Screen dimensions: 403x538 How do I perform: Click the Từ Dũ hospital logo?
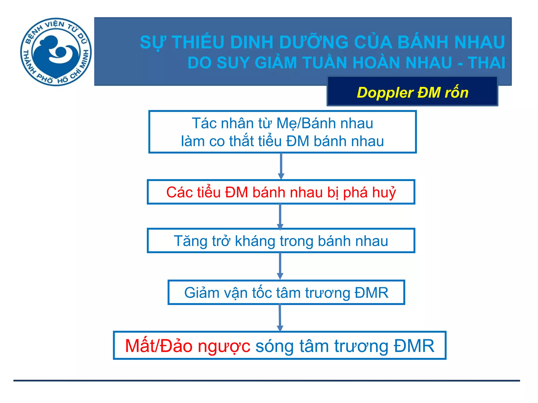(56, 52)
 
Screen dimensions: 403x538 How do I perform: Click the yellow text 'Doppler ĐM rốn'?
(412, 93)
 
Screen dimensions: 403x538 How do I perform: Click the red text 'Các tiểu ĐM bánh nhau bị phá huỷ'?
(281, 192)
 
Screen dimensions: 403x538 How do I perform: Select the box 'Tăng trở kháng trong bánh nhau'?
(281, 241)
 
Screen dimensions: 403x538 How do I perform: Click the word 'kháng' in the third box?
(255, 241)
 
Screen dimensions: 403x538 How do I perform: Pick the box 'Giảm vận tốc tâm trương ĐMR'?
(286, 293)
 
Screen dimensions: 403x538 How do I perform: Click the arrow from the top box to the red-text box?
(281, 166)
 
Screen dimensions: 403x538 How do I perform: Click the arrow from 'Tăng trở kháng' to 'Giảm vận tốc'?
(280, 266)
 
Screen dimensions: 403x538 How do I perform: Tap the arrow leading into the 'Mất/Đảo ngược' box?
(280, 318)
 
